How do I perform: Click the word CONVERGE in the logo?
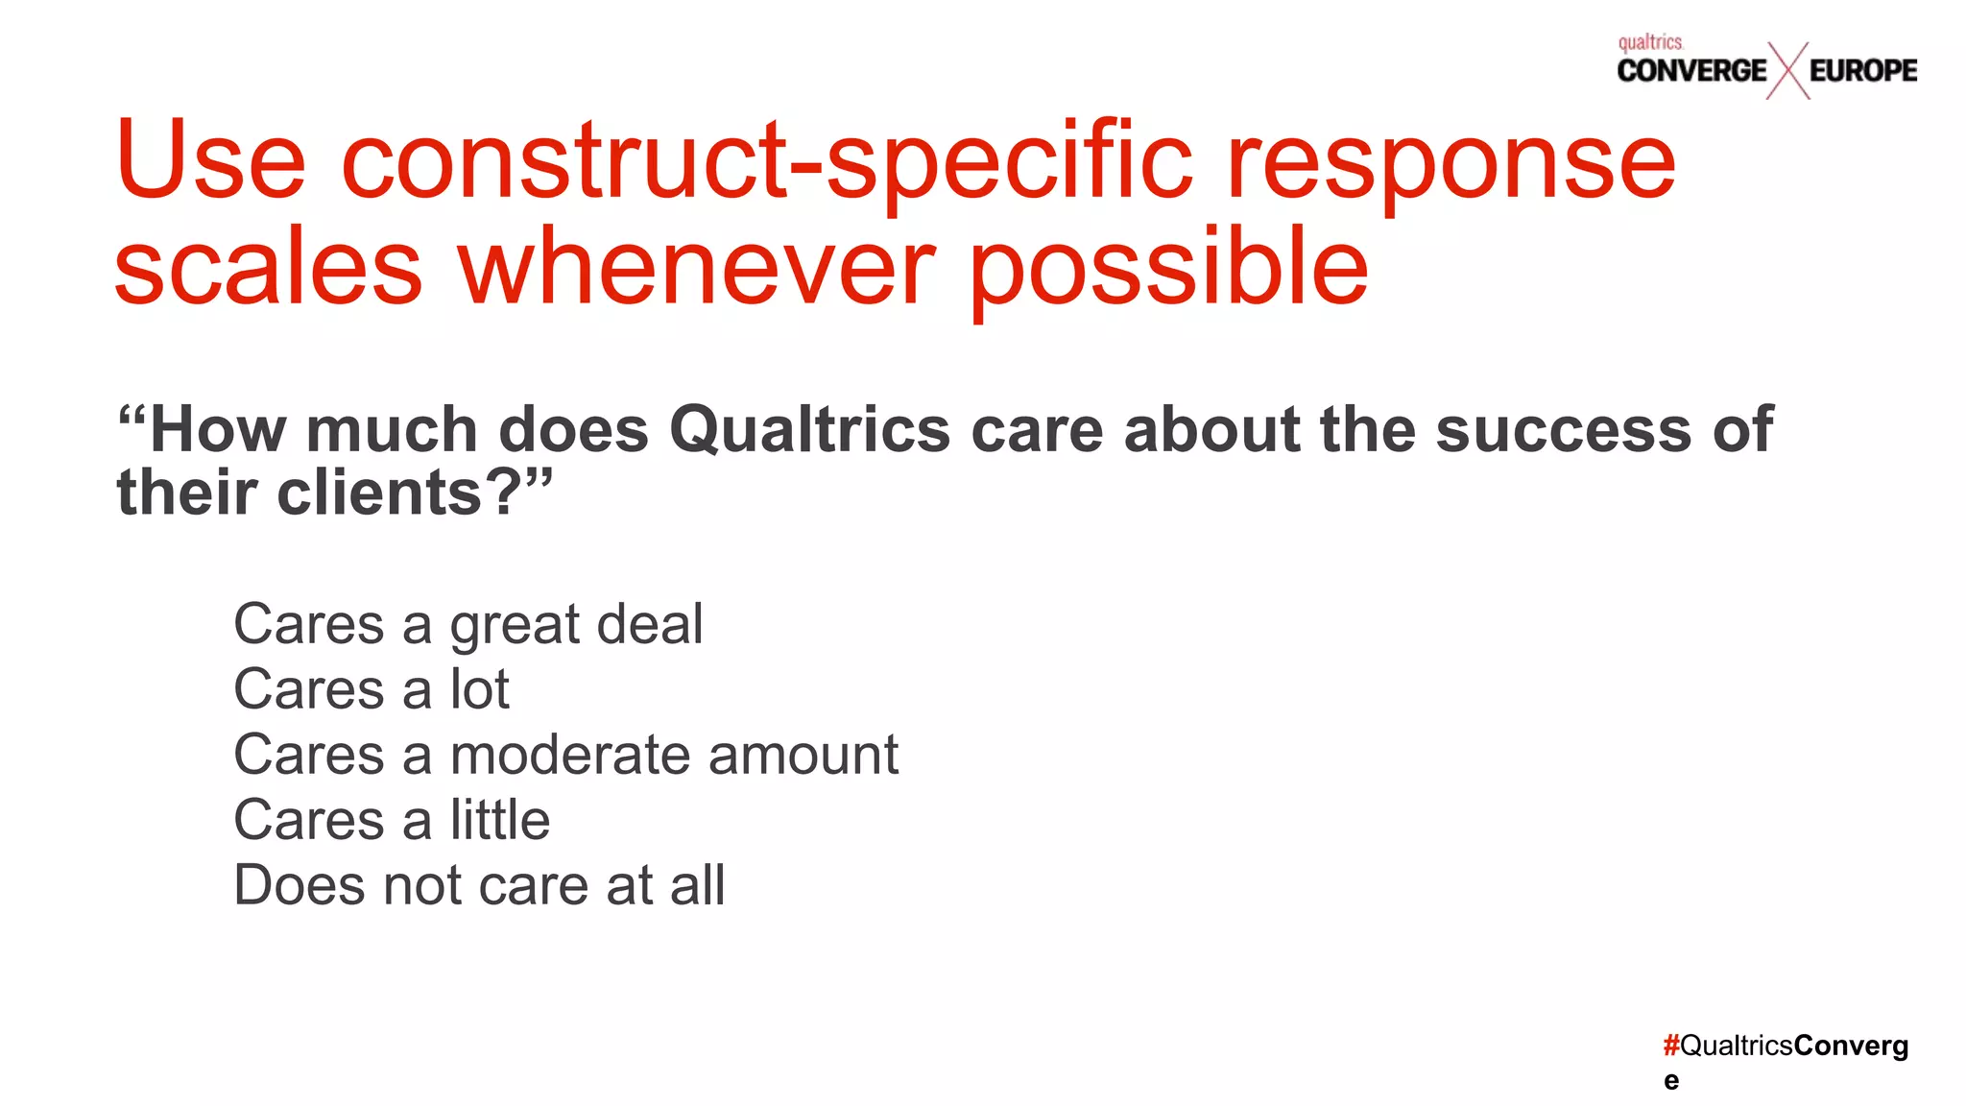pos(1690,71)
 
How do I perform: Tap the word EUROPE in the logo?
pos(1862,71)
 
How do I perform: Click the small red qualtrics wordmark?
pos(1650,42)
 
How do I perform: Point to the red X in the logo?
pos(1787,71)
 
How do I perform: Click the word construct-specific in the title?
pos(766,161)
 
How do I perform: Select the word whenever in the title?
pos(696,269)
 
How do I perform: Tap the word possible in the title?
pos(1168,269)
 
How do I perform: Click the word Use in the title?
pos(210,161)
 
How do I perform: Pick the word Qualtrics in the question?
pos(809,429)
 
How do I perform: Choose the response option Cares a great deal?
pos(468,625)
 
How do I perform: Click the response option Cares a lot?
pos(372,689)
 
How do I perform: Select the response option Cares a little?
pos(392,820)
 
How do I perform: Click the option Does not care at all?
pos(479,885)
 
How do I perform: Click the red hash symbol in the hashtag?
pos(1671,1046)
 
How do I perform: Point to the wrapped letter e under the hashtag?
pos(1671,1081)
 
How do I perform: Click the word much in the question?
pos(392,429)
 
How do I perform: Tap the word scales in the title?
pos(268,269)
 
